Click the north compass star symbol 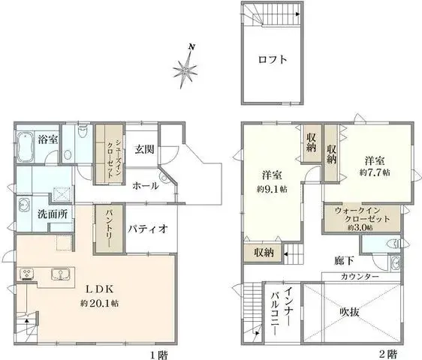click(x=185, y=70)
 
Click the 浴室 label click(x=49, y=136)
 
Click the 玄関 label click(x=144, y=148)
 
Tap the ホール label click(x=145, y=185)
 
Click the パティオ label click(x=147, y=227)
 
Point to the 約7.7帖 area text click(x=375, y=172)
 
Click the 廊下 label click(x=344, y=261)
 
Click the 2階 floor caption click(x=387, y=352)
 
